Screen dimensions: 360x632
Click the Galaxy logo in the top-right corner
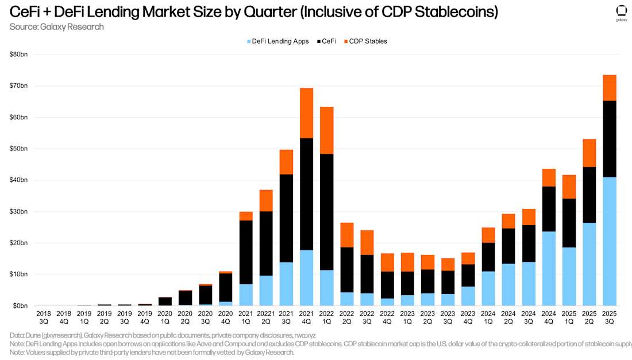(x=621, y=11)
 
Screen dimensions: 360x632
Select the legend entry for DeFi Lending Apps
(x=279, y=41)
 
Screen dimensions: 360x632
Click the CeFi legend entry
(x=328, y=41)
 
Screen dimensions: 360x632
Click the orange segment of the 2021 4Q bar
(x=307, y=113)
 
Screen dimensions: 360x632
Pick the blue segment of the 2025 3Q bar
(x=609, y=241)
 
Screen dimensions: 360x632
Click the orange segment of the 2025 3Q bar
(x=609, y=88)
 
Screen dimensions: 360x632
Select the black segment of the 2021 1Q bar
(x=246, y=252)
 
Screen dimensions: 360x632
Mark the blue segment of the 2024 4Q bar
(x=549, y=268)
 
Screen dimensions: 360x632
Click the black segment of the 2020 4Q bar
(x=226, y=287)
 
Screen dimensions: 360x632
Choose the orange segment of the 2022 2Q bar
(x=347, y=235)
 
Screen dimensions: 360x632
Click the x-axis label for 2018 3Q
(x=44, y=318)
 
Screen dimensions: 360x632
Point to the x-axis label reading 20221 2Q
(x=266, y=318)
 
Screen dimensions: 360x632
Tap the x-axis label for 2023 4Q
(x=468, y=318)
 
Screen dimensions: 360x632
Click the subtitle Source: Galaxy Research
(x=57, y=26)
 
